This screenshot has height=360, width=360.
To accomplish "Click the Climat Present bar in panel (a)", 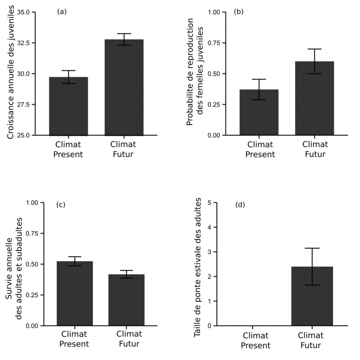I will pyautogui.click(x=69, y=106).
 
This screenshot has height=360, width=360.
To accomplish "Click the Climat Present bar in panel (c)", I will pyautogui.click(x=74, y=294).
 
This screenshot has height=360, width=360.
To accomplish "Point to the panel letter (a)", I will pyautogui.click(x=61, y=12).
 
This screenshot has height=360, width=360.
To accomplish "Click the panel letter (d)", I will pyautogui.click(x=240, y=205).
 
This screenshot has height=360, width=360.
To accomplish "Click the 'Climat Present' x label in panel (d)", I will pyautogui.click(x=256, y=340).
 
